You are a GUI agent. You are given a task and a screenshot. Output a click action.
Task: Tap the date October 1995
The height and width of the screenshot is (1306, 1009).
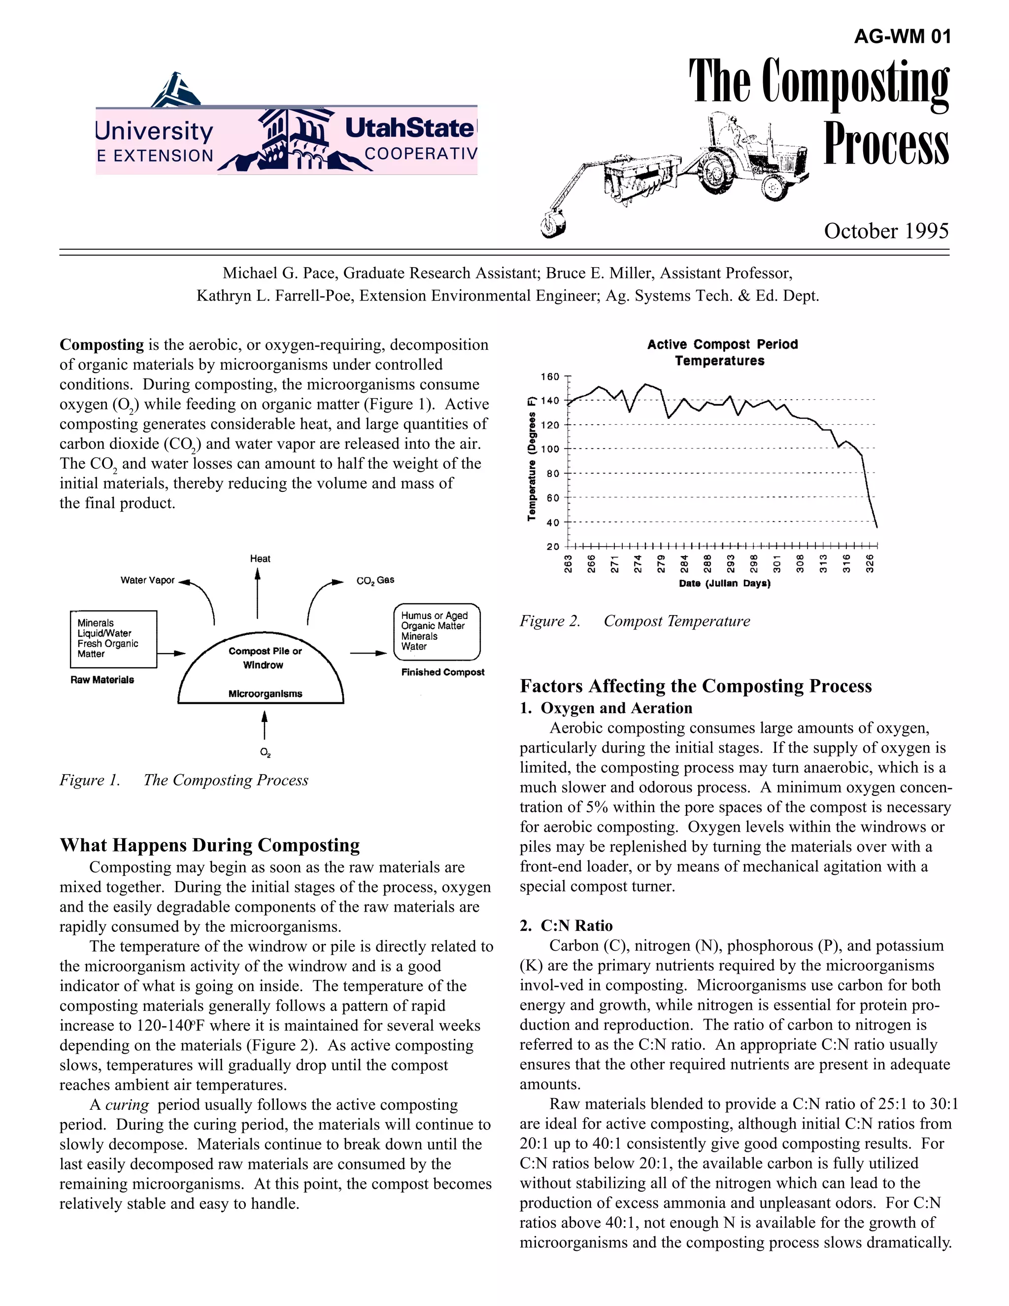pos(886,231)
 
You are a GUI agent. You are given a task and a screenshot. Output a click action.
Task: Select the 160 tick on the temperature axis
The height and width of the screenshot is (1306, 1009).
pos(550,377)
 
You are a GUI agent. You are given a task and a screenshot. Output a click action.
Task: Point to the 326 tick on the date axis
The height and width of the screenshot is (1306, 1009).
pos(871,563)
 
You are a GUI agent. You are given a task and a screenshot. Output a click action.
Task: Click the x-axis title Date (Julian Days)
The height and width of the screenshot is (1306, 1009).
pos(724,583)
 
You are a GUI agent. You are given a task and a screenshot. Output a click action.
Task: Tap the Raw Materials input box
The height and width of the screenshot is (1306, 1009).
pos(114,639)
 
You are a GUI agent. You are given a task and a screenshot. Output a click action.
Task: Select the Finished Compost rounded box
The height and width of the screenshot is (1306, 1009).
pos(437,631)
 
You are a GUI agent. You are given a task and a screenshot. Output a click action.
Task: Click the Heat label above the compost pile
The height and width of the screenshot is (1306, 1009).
pos(260,558)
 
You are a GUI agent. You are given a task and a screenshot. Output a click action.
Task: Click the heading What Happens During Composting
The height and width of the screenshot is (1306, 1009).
pos(210,845)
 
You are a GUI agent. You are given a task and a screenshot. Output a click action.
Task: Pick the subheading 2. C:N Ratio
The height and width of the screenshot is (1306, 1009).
pos(566,926)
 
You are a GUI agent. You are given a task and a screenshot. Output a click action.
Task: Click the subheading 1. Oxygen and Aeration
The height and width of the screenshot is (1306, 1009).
pos(605,708)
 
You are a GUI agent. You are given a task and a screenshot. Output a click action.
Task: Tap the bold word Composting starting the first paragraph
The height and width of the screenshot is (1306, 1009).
pos(101,344)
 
